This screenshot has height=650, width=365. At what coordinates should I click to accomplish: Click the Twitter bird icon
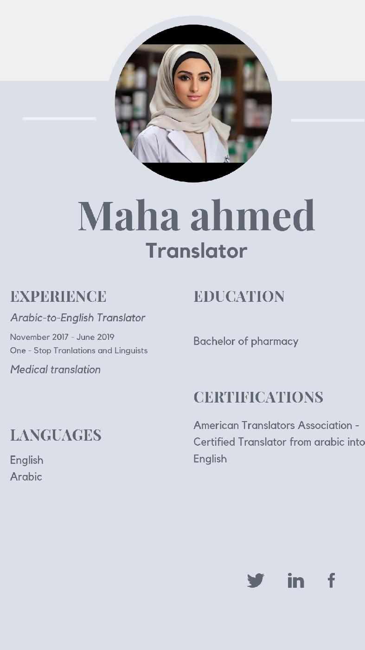tap(256, 580)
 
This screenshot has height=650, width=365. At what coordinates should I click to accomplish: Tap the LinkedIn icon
tap(295, 580)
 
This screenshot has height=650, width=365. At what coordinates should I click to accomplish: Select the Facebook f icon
tap(331, 580)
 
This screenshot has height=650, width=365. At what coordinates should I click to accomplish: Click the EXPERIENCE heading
tap(58, 296)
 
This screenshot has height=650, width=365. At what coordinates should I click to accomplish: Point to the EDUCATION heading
tap(239, 296)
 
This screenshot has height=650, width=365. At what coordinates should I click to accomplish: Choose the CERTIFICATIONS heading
tap(258, 397)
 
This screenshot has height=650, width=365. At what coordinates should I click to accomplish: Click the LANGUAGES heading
tap(56, 435)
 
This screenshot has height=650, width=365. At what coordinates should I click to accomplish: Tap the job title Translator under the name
tap(196, 251)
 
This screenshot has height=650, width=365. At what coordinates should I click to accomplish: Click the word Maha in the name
tap(128, 215)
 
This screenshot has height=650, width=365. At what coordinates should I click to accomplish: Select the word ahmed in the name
tap(253, 215)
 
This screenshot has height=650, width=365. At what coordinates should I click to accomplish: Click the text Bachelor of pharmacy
tap(245, 341)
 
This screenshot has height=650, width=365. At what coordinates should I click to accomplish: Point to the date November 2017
tap(39, 337)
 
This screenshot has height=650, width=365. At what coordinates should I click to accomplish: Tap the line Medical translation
tap(55, 370)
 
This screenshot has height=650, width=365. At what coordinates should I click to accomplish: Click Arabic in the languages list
tap(26, 477)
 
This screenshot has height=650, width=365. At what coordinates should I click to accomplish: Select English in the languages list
tap(26, 460)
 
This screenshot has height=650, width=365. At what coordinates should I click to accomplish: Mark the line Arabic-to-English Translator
tap(77, 318)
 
